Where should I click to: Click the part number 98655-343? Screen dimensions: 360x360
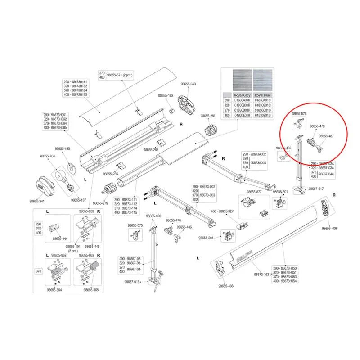point(188,84)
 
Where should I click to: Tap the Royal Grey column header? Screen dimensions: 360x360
point(241,95)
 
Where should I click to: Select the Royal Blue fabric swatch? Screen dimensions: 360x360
point(263,81)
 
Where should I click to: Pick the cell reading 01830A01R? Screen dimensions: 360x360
point(241,100)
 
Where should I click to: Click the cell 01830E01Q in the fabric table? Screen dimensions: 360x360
point(263,115)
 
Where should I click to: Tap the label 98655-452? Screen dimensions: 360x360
point(284,148)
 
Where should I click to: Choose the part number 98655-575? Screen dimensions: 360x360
point(135,225)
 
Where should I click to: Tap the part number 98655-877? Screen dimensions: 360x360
point(252,192)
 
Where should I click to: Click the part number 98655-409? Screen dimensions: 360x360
point(329,229)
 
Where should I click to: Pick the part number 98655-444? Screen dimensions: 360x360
point(60,238)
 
